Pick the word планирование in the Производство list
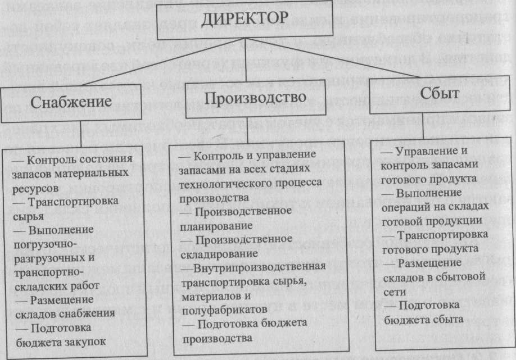[208, 225]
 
